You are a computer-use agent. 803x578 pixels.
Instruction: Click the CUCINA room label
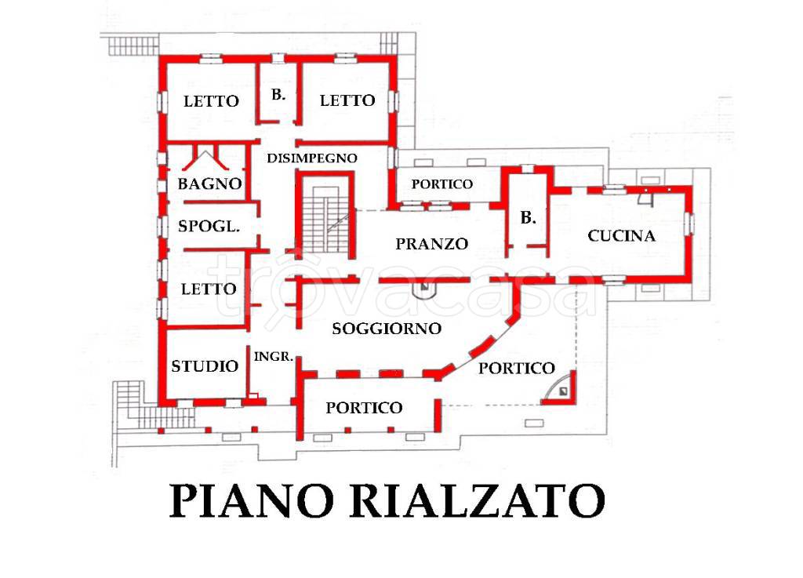621,235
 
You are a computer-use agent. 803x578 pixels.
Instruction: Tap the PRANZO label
431,244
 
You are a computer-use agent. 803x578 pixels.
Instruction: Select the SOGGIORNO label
387,329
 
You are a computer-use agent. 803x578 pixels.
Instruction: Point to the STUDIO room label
205,366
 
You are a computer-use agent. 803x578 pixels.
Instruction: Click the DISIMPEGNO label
312,158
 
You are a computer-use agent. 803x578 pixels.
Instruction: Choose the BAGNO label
209,185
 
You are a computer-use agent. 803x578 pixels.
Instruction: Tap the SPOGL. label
209,227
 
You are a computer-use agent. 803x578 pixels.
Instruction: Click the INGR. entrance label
274,356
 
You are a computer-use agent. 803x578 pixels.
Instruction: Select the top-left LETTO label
211,101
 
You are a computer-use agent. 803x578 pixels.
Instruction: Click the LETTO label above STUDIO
209,289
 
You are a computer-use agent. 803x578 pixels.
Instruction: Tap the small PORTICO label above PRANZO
442,184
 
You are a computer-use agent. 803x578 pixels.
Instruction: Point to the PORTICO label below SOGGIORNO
364,408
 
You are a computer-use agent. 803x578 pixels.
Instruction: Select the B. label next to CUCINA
529,219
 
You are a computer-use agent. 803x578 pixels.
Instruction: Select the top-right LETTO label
347,101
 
